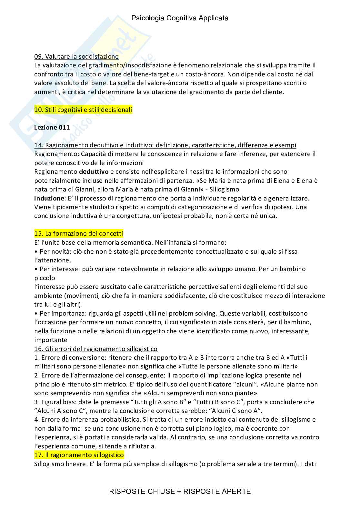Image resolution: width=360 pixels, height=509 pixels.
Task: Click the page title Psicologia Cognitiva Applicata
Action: click(x=180, y=18)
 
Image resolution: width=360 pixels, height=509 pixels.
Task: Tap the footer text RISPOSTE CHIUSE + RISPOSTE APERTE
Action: click(x=180, y=491)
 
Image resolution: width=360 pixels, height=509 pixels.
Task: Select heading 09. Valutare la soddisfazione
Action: click(x=76, y=57)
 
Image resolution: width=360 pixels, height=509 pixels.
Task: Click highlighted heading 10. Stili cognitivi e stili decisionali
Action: click(x=83, y=110)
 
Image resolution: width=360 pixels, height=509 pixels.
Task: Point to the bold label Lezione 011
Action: click(x=52, y=127)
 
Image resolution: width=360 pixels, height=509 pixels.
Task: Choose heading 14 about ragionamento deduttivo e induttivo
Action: click(x=165, y=145)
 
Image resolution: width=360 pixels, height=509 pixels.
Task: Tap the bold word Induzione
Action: click(x=49, y=198)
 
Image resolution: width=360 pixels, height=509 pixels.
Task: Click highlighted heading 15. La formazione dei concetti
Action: click(x=78, y=233)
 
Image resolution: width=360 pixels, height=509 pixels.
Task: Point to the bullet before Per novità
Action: click(x=36, y=251)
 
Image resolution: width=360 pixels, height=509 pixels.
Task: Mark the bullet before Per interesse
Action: click(x=36, y=269)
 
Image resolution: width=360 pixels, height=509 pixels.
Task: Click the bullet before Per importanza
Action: click(x=36, y=313)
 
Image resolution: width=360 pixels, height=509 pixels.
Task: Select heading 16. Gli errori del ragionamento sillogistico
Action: click(x=96, y=349)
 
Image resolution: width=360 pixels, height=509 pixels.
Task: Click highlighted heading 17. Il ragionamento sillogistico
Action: click(x=79, y=455)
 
